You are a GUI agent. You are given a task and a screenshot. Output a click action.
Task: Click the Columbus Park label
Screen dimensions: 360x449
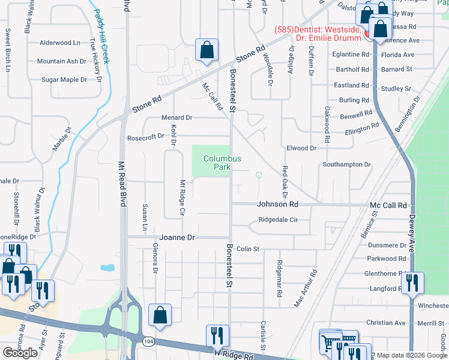(221, 163)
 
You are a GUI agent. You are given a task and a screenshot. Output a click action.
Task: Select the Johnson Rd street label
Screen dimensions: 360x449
(277, 204)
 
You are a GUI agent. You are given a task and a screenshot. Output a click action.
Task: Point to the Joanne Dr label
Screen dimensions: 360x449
(177, 238)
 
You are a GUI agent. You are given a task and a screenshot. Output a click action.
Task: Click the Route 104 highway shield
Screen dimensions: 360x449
(147, 341)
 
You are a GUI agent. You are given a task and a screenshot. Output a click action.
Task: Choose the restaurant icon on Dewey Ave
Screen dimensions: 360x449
(412, 283)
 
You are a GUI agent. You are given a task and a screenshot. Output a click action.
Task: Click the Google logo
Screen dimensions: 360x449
(20, 353)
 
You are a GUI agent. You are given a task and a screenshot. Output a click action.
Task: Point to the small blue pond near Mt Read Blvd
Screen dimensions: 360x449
(108, 268)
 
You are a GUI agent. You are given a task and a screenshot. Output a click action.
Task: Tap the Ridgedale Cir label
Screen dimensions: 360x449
(278, 220)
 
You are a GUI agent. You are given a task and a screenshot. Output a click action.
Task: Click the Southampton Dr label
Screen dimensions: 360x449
(346, 164)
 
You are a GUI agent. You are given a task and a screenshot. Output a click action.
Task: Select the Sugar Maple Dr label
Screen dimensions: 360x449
(64, 79)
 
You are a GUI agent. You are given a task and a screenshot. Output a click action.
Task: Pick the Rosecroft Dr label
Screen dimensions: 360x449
(145, 137)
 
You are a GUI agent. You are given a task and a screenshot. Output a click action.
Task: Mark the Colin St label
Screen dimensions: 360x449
(247, 248)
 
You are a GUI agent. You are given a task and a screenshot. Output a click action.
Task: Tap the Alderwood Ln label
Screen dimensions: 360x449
(59, 43)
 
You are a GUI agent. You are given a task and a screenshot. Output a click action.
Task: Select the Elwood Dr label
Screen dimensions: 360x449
(301, 148)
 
